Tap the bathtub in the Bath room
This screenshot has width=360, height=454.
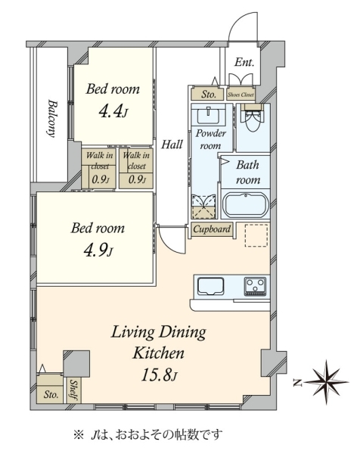coord(245,205)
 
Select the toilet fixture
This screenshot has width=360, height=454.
coord(253,118)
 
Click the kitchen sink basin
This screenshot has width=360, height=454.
coord(211,286)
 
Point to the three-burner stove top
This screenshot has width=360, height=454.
coord(255,287)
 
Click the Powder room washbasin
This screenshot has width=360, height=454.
coord(208,115)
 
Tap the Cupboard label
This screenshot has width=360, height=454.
coord(212,229)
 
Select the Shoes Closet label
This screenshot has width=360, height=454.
coord(241,95)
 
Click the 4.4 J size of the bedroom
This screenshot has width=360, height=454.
coord(113,111)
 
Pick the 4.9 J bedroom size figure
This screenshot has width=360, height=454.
coord(98,250)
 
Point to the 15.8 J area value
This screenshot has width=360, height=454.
coord(159,375)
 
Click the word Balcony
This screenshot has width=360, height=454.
coord(51,118)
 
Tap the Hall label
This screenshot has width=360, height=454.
coord(172,145)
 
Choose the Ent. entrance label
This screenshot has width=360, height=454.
coord(244,62)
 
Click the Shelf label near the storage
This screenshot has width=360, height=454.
coord(73,390)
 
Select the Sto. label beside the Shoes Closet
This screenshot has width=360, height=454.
coord(209,95)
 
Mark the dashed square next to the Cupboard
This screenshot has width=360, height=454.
coord(256,235)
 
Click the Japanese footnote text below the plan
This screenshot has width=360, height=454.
coord(148,434)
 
